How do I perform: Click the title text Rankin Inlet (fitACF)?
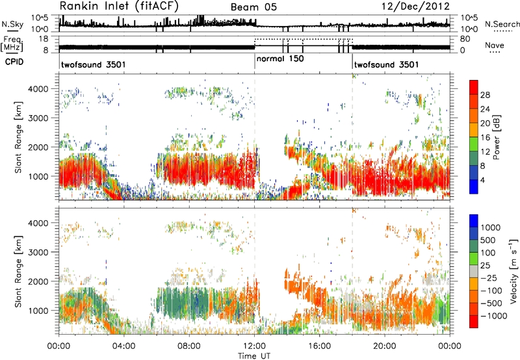119,6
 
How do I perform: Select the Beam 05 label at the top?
253,7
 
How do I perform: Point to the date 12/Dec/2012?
415,6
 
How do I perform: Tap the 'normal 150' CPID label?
280,58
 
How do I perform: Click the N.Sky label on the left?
12,24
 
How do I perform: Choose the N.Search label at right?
502,24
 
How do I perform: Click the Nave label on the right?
495,45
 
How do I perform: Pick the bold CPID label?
14,62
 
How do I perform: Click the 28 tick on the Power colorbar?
485,95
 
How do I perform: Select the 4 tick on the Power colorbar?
483,181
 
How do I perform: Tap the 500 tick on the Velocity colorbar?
487,240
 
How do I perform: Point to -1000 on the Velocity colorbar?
494,316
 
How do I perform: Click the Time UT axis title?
254,355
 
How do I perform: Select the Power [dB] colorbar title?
497,137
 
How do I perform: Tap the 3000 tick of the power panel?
39,118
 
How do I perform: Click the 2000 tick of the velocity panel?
39,281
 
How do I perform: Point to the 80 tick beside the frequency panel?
465,39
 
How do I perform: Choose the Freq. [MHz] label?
12,44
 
